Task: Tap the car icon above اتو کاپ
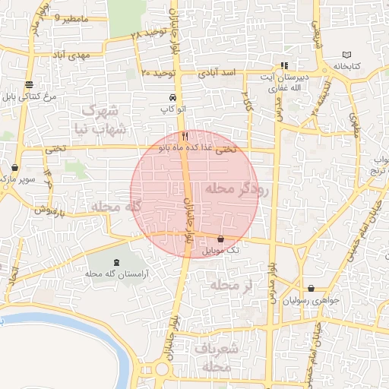pos(173,99)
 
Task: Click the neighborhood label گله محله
pos(117,207)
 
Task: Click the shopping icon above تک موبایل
pos(221,239)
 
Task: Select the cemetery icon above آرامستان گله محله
pos(115,263)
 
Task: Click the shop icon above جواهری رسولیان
pos(312,289)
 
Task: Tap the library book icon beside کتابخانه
pos(348,55)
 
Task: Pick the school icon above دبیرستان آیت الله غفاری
pos(284,65)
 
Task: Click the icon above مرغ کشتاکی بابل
pos(29,84)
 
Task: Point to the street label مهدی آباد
pos(71,55)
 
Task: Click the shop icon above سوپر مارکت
pos(15,167)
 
